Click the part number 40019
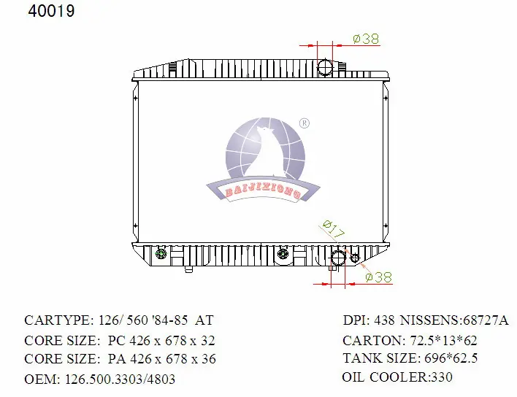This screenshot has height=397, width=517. pyautogui.click(x=51, y=11)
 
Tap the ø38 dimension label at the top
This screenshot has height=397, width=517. pyautogui.click(x=366, y=39)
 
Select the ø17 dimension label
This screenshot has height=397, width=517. pyautogui.click(x=334, y=229)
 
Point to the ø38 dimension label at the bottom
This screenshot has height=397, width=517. pyautogui.click(x=379, y=277)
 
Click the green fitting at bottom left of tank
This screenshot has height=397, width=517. pyautogui.click(x=161, y=254)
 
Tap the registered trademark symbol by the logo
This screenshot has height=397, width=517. pyautogui.click(x=305, y=123)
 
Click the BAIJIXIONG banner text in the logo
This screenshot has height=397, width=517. pyautogui.click(x=263, y=191)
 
